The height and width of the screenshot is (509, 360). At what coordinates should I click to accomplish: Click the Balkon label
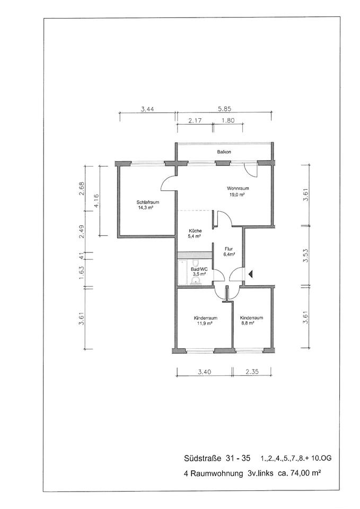coord(224,152)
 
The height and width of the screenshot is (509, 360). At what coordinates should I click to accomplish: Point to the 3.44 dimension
coord(148,109)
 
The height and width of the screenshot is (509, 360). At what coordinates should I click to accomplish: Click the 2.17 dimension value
coord(195,121)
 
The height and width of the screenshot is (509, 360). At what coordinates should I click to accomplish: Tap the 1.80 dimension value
coord(227,121)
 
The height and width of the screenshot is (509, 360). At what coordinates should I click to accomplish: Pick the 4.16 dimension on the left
coord(95,201)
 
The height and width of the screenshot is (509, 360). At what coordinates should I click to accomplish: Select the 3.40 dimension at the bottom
coord(205,372)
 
